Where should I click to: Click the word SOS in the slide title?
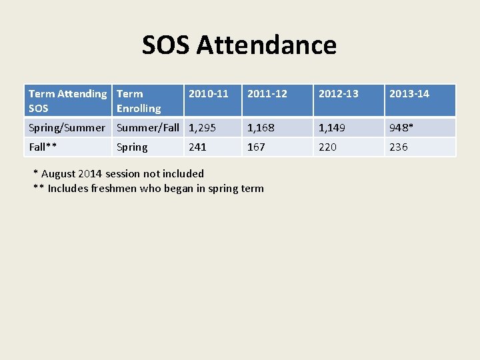166,45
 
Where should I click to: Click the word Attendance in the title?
267,45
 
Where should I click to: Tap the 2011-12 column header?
267,94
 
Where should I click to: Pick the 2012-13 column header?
339,94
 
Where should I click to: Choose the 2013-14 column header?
409,94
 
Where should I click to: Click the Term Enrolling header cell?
139,101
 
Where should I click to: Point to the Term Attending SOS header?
67,101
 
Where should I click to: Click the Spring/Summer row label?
67,127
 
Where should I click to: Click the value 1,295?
203,127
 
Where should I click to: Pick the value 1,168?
261,127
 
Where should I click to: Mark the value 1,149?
332,127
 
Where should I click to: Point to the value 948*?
403,127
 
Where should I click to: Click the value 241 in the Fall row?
198,147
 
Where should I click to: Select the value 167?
256,147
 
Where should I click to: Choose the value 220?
327,147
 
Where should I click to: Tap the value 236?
399,147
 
